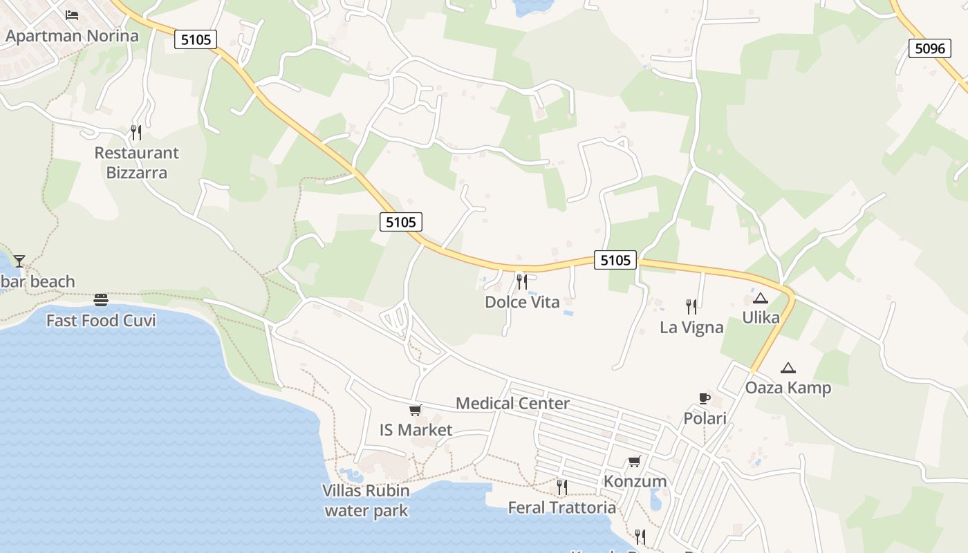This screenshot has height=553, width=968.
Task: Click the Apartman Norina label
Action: [x=72, y=36]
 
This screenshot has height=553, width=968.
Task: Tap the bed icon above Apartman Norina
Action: [x=72, y=15]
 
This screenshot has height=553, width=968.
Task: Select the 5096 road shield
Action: [x=929, y=48]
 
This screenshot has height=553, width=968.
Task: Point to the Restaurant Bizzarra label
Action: [x=136, y=162]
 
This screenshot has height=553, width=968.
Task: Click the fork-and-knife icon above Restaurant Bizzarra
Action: [x=136, y=132]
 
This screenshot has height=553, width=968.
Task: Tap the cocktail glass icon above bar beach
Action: [x=19, y=261]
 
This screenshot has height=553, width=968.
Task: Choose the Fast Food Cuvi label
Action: [x=101, y=321]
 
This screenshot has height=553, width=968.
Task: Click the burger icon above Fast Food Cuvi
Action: [x=101, y=300]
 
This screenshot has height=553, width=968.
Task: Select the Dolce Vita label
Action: [x=522, y=302]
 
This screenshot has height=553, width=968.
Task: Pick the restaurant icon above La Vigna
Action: [x=691, y=306]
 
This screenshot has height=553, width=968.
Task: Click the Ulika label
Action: [x=761, y=318]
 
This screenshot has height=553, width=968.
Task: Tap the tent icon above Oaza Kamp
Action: [x=788, y=368]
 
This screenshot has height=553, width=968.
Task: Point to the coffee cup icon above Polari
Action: [x=705, y=398]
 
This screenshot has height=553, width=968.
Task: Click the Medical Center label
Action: [x=512, y=403]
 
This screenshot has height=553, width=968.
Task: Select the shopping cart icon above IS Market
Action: [x=416, y=410]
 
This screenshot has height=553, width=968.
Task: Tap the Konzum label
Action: [x=635, y=481]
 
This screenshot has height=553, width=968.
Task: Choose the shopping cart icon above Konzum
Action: [x=635, y=461]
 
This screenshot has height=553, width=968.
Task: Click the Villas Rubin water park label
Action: [x=366, y=500]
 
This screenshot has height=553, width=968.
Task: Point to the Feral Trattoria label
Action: [x=561, y=507]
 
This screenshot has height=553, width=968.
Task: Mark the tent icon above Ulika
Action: [x=761, y=298]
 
